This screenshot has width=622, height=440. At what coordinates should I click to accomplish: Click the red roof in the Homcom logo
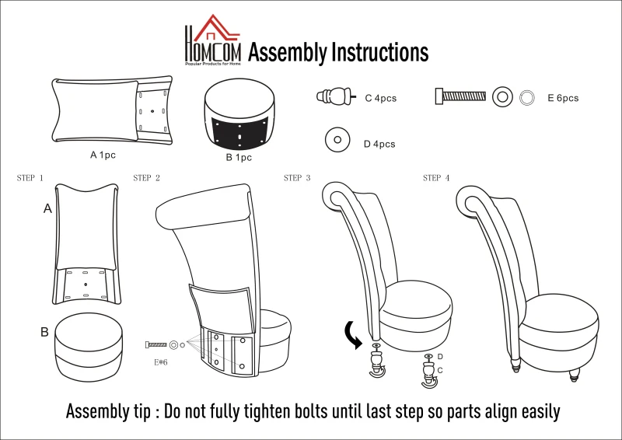tap(216, 28)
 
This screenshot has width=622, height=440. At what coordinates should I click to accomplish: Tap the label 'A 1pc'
tap(103, 155)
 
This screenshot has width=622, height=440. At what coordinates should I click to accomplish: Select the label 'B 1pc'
tap(239, 158)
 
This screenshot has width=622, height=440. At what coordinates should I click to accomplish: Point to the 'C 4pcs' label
tap(381, 99)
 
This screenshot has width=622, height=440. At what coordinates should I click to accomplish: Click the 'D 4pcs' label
tap(379, 144)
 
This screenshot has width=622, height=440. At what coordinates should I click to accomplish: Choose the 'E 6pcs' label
tap(563, 98)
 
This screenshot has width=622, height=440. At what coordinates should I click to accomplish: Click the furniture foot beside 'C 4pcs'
tap(336, 96)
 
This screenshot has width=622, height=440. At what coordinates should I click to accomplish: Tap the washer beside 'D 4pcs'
tap(337, 140)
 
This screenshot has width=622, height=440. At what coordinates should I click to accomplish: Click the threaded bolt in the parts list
tap(460, 96)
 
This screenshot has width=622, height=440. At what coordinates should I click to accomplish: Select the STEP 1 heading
tap(30, 178)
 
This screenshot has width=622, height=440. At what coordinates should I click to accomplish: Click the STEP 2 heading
tap(147, 178)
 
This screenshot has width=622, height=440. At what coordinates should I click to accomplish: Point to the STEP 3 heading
tap(297, 178)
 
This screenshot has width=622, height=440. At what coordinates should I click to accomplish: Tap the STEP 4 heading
tap(436, 178)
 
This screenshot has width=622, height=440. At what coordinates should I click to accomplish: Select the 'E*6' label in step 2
tap(161, 362)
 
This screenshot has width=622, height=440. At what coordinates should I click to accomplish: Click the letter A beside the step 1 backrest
tap(47, 208)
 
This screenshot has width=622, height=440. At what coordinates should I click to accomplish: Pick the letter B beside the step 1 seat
tap(44, 332)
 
